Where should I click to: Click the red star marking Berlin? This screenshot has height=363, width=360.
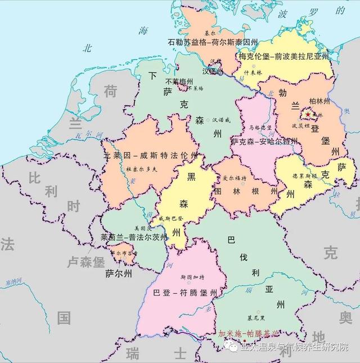pos(308,114)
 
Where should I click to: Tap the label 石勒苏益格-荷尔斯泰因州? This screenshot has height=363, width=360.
pos(213,42)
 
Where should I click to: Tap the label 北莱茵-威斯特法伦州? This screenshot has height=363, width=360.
pos(151,155)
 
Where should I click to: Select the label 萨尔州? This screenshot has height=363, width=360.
pos(119,274)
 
